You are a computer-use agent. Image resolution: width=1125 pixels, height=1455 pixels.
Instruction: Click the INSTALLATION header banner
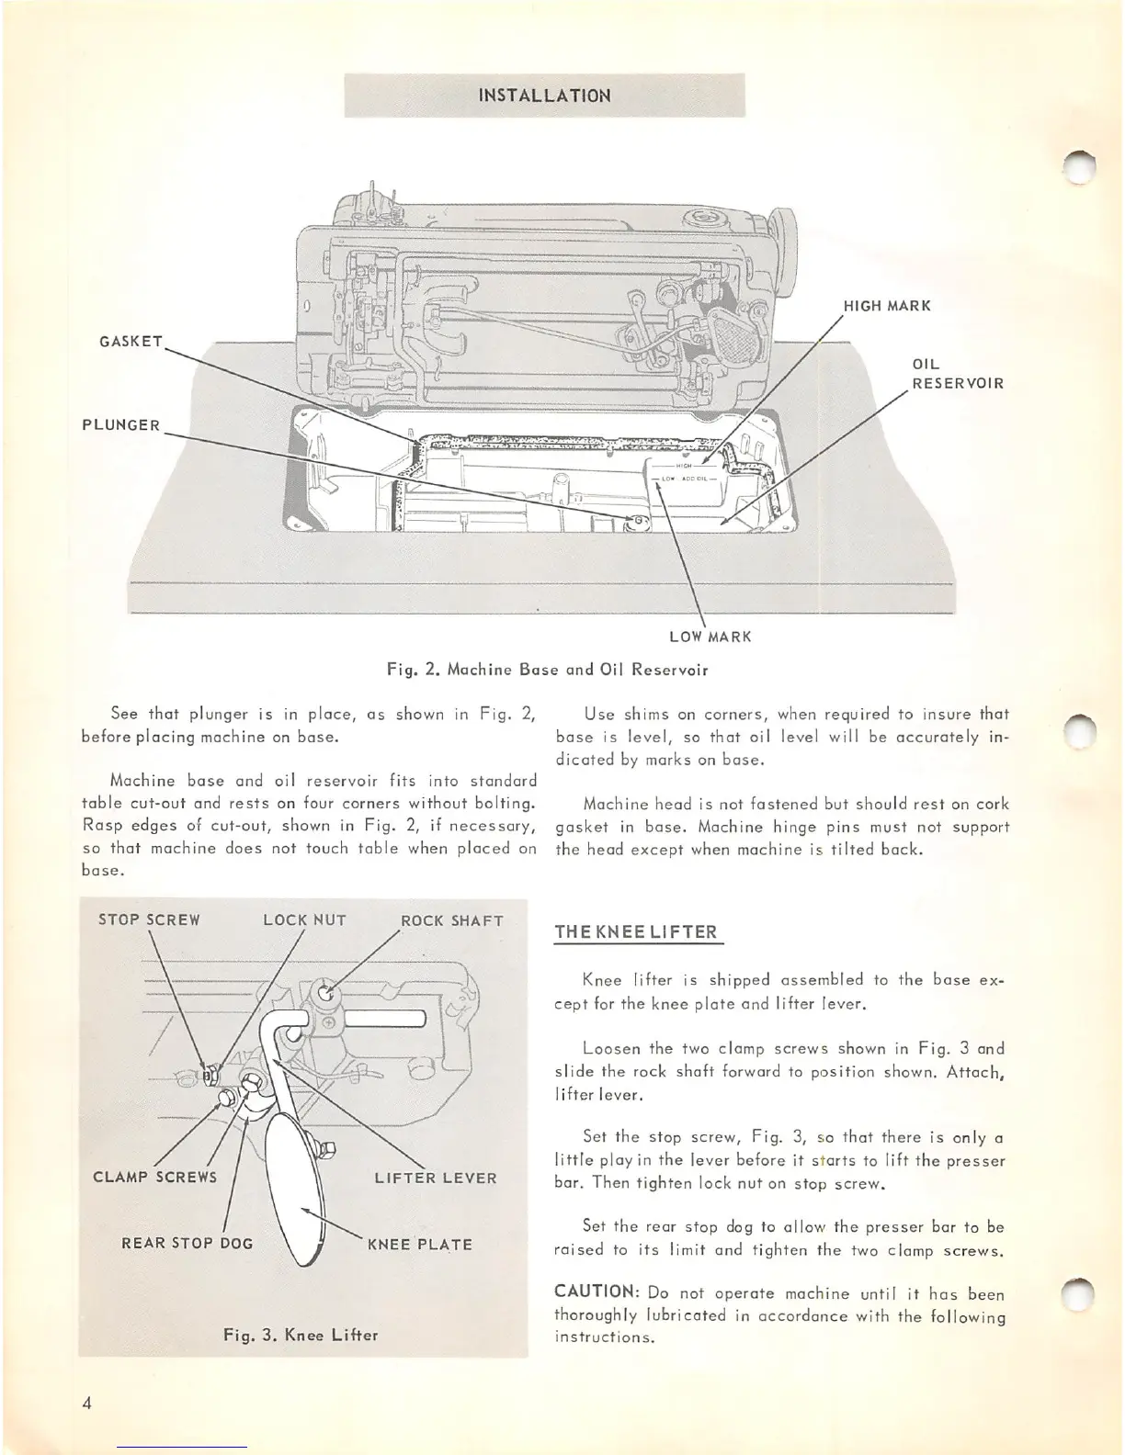pyautogui.click(x=544, y=96)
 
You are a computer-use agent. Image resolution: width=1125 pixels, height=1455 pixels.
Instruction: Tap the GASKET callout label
pyautogui.click(x=130, y=342)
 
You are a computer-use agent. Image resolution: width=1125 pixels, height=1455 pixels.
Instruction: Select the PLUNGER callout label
pyautogui.click(x=121, y=425)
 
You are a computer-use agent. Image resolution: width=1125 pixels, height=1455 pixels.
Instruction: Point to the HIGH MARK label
pyautogui.click(x=887, y=306)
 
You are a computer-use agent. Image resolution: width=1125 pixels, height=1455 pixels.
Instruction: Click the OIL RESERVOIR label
pyautogui.click(x=957, y=374)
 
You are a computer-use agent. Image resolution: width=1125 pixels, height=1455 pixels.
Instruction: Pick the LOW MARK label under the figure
pyautogui.click(x=710, y=637)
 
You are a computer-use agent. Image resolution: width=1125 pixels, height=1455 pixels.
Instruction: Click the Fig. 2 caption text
pyautogui.click(x=547, y=670)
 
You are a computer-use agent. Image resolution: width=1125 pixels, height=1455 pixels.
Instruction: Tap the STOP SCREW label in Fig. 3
pyautogui.click(x=149, y=920)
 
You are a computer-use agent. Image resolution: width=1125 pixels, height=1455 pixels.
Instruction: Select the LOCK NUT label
pyautogui.click(x=304, y=920)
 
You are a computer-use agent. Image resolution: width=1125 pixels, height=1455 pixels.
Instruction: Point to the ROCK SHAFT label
pyautogui.click(x=452, y=920)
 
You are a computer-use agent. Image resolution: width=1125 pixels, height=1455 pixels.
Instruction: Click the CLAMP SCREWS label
pyautogui.click(x=155, y=1178)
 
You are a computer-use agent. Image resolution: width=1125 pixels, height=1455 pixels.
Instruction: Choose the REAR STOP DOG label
pyautogui.click(x=187, y=1244)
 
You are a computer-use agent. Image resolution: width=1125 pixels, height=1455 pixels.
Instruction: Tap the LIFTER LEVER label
pyautogui.click(x=436, y=1178)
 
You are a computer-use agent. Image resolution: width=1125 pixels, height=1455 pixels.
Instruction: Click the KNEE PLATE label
pyautogui.click(x=420, y=1245)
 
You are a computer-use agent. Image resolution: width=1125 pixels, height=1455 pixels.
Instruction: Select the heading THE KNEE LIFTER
pyautogui.click(x=635, y=932)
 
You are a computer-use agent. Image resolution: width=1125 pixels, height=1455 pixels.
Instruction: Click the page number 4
pyautogui.click(x=86, y=1403)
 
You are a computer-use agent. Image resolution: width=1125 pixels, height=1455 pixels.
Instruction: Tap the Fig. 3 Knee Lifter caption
pyautogui.click(x=301, y=1335)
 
